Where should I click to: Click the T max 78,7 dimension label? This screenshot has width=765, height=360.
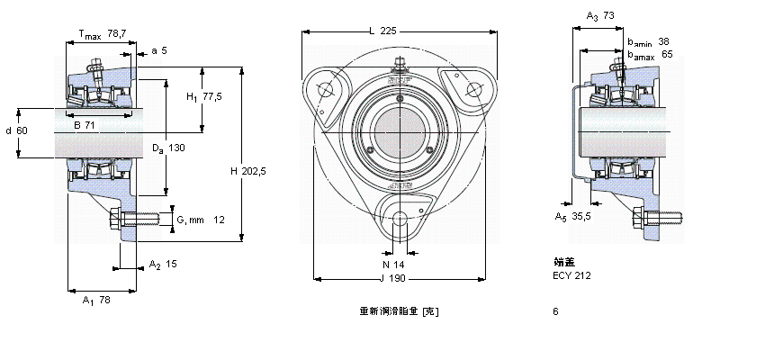102,34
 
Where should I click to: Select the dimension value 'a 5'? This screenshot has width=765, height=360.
159,50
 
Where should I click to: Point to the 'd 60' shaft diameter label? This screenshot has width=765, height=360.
17,131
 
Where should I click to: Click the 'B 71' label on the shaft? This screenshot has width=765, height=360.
85,124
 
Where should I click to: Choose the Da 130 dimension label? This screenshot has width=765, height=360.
167,148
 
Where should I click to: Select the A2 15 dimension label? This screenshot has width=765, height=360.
162,265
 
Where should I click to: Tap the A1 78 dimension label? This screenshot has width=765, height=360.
95,300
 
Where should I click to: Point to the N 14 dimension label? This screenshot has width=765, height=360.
393,265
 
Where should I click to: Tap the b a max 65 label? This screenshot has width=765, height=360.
650,54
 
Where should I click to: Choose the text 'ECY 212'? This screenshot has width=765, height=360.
571,274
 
